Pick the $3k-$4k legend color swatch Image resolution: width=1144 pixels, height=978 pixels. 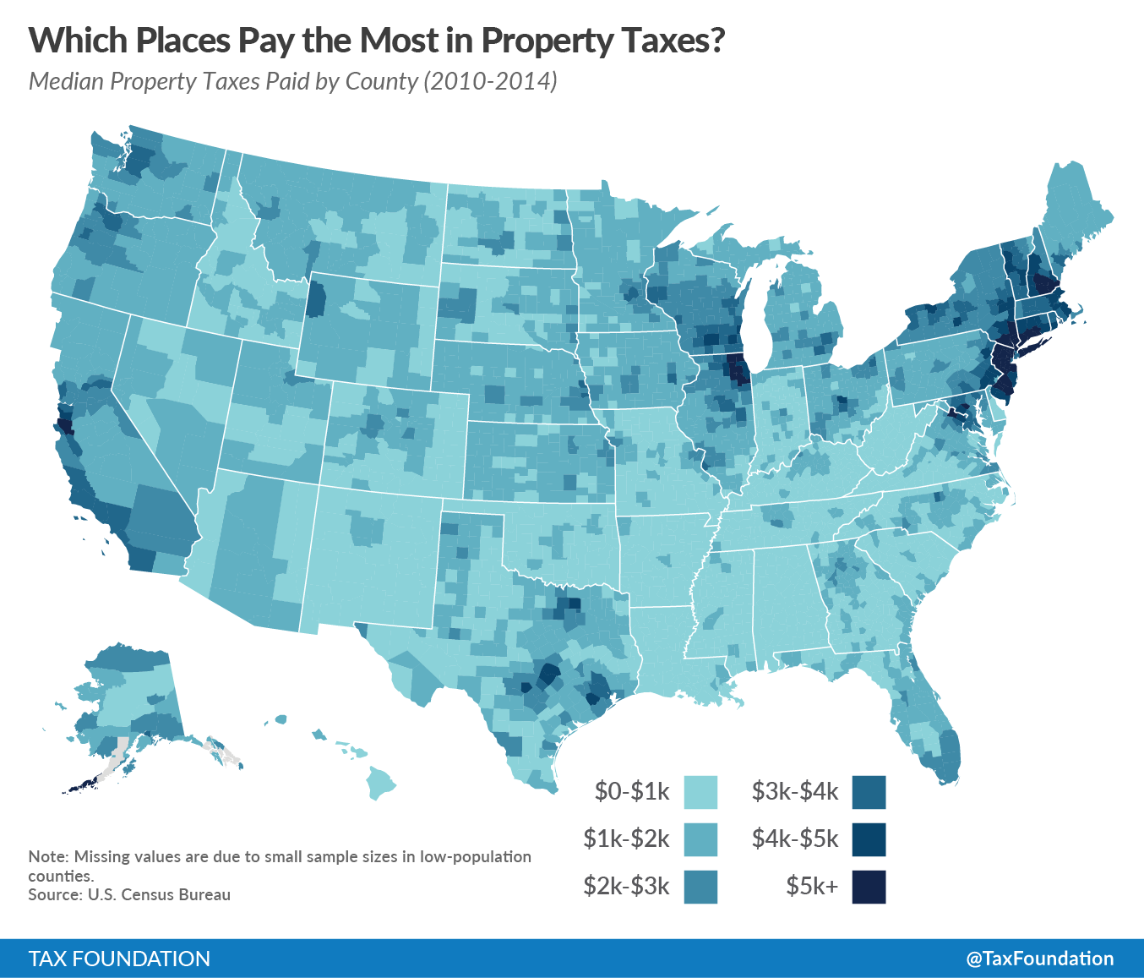click(869, 792)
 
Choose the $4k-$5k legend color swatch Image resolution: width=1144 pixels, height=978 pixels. click(869, 839)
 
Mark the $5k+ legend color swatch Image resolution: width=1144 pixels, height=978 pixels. click(869, 887)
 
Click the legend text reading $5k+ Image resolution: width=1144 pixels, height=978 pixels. click(812, 886)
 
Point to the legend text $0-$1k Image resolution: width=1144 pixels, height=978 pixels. click(632, 792)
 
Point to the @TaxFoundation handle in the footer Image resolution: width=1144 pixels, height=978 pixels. click(1040, 959)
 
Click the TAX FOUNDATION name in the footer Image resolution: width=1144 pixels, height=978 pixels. click(119, 959)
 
